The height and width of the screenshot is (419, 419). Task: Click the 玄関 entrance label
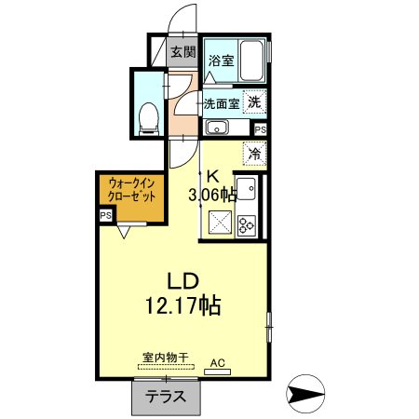[182, 52]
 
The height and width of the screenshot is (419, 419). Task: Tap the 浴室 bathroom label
[221, 61]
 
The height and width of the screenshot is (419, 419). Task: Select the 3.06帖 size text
[213, 194]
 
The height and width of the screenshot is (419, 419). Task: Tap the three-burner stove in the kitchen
[247, 224]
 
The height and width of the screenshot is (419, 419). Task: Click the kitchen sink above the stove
[247, 186]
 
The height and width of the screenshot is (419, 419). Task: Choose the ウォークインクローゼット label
[131, 190]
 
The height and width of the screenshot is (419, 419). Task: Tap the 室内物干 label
[166, 357]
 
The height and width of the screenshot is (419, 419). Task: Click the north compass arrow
[304, 397]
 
